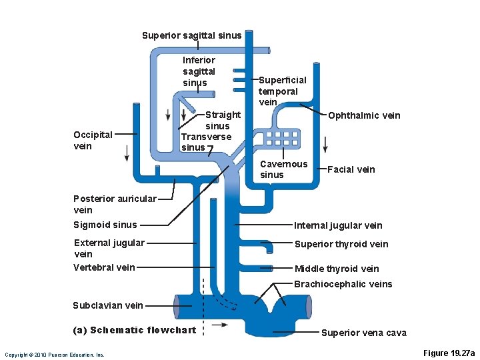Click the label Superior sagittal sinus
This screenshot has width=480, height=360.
(191, 35)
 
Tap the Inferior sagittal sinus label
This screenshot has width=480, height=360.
(199, 71)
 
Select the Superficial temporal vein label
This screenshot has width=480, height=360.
(282, 91)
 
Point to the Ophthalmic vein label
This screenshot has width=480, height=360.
(364, 115)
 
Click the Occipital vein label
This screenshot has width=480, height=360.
(93, 140)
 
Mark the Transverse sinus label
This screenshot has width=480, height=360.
(206, 142)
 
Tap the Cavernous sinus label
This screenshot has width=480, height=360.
(283, 169)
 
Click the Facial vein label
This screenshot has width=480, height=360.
(351, 169)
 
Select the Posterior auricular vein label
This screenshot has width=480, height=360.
(115, 204)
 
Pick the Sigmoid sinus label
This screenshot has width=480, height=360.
(105, 225)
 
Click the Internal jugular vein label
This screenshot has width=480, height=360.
(338, 225)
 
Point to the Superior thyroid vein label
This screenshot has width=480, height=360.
(341, 244)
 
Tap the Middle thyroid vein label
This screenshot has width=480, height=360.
(337, 269)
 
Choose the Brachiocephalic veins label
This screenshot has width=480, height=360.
(343, 284)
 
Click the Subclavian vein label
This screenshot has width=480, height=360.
(107, 305)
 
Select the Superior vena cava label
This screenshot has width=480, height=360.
(363, 333)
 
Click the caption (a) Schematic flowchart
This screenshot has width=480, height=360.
(134, 330)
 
